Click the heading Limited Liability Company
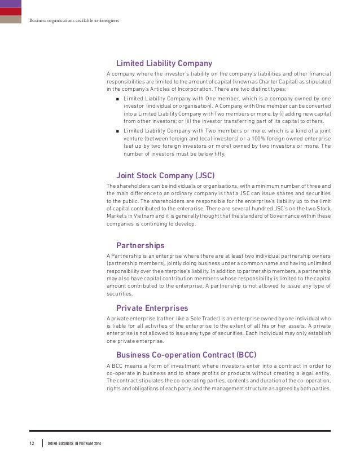point(164,63)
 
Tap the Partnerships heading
point(140,245)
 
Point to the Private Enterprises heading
point(152,308)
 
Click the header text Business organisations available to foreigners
point(74,21)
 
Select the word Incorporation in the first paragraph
point(195,89)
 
